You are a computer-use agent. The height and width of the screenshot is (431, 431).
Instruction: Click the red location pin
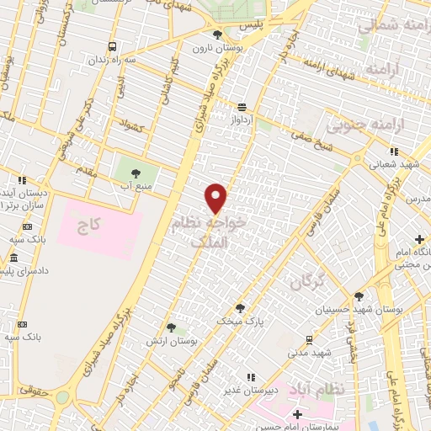216,197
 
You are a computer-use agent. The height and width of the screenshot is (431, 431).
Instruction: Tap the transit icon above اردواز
242,107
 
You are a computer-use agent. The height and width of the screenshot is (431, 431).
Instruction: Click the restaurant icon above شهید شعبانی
393,152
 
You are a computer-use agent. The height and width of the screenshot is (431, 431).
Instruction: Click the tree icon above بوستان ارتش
171,327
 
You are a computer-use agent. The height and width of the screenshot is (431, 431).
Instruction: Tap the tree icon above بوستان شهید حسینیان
359,297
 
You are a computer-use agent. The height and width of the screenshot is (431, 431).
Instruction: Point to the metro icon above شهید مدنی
310,340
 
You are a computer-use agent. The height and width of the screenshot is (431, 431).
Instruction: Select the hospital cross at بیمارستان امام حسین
296,414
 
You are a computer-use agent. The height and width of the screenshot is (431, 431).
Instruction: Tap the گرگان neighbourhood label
307,283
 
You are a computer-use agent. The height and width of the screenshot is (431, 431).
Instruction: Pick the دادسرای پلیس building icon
11,271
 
